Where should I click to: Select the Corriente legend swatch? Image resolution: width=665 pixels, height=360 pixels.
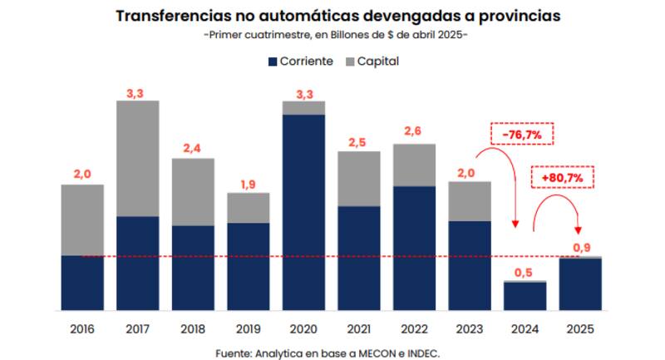pyautogui.click(x=272, y=62)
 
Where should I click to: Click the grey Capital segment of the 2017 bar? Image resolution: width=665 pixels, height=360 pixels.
pyautogui.click(x=137, y=158)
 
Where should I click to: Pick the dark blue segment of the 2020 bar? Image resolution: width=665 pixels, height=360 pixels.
pyautogui.click(x=303, y=212)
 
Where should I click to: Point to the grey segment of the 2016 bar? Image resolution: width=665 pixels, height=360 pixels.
pyautogui.click(x=82, y=219)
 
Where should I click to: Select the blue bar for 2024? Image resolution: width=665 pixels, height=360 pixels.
pyautogui.click(x=525, y=296)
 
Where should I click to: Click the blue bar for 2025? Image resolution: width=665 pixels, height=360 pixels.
pyautogui.click(x=580, y=284)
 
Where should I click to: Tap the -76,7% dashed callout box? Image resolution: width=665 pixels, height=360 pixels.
pyautogui.click(x=522, y=134)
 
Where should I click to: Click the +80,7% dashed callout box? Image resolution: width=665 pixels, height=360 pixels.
pyautogui.click(x=562, y=177)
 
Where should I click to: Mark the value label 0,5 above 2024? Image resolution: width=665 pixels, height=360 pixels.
pyautogui.click(x=525, y=271)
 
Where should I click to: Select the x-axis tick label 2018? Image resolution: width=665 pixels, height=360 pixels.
pyautogui.click(x=193, y=328)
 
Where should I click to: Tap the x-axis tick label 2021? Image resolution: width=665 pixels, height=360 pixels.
pyautogui.click(x=359, y=328)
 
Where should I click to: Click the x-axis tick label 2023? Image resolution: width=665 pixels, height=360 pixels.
pyautogui.click(x=470, y=328)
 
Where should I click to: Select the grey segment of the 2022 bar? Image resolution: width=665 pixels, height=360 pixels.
pyautogui.click(x=414, y=165)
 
